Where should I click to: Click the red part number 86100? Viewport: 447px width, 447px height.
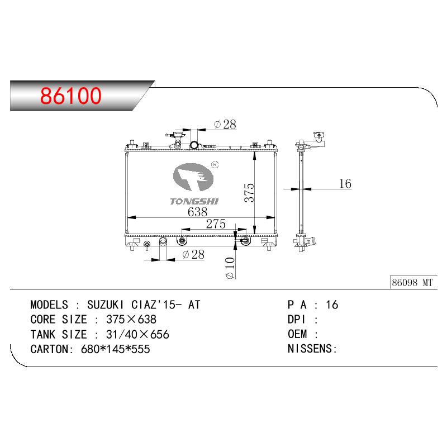(x=71, y=95)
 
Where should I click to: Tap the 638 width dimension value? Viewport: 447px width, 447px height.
(x=197, y=212)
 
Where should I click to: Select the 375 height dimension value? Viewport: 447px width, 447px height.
(x=249, y=193)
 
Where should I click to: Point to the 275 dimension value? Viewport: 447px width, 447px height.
(x=216, y=224)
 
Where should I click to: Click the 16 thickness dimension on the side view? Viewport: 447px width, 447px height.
(x=345, y=184)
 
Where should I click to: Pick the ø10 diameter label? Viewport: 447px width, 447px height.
(x=230, y=268)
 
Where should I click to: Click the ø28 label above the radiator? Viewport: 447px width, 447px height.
(x=225, y=125)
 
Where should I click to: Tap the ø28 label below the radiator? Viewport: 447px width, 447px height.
(x=193, y=254)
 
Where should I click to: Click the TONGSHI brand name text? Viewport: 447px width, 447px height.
(x=194, y=202)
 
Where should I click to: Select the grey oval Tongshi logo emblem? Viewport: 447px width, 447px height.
(x=193, y=177)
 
